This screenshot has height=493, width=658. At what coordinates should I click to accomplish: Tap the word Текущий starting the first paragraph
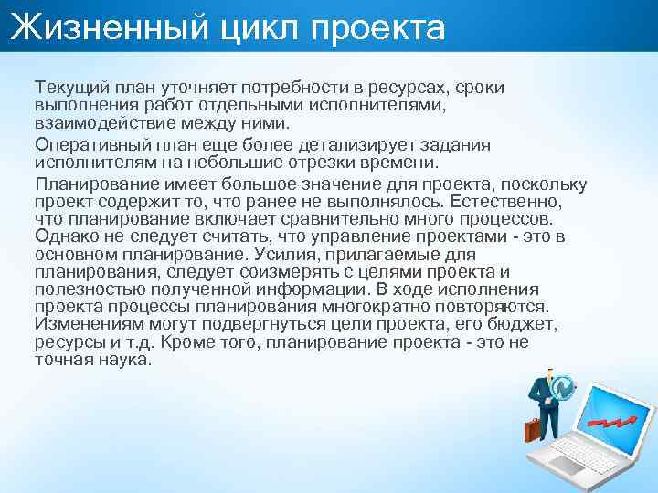69,86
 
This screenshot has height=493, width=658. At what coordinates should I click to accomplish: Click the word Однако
62,237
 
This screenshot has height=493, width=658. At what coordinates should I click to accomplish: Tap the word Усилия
287,255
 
